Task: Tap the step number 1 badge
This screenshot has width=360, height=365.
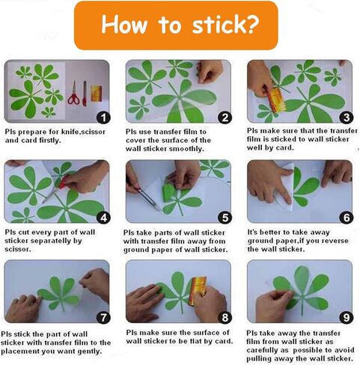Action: [103, 117]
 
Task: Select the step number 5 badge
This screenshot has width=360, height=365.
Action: [225, 218]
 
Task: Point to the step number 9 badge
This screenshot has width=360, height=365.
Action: [347, 317]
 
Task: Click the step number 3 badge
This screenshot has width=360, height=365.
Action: [347, 117]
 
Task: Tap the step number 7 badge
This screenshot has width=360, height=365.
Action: [103, 318]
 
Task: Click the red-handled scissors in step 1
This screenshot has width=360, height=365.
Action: [74, 93]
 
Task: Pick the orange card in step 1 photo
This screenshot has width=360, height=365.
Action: [97, 93]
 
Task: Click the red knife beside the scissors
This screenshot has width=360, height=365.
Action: [85, 93]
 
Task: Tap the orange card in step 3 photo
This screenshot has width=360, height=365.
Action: [277, 101]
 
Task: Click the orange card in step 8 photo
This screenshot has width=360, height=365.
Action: [198, 290]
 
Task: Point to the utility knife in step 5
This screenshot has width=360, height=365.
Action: [144, 195]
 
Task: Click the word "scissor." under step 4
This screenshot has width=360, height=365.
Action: [18, 249]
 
